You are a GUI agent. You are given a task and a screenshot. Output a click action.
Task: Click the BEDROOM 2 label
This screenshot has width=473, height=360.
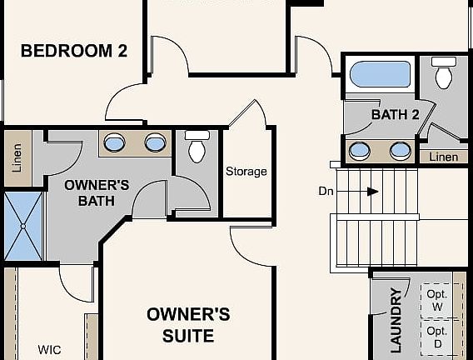73,51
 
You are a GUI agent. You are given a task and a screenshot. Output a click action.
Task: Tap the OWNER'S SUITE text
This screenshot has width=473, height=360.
188,325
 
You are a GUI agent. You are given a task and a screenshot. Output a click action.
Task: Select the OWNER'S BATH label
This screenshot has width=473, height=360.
97,192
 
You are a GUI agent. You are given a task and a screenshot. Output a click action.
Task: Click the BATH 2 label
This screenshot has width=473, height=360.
395,115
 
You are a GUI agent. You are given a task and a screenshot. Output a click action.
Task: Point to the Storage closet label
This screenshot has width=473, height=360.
246,172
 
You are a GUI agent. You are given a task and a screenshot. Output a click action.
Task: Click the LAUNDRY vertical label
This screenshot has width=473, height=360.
396,320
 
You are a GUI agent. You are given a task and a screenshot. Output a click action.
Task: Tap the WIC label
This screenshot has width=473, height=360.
49,349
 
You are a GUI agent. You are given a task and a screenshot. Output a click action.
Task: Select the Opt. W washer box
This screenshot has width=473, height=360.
436,300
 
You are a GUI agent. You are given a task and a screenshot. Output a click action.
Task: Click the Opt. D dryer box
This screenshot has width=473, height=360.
436,337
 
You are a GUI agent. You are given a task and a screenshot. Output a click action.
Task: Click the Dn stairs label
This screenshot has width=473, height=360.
326,191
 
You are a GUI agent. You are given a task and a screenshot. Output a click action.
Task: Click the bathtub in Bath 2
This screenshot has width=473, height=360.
380,74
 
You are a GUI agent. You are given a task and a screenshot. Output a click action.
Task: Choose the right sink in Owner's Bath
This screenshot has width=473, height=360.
155,143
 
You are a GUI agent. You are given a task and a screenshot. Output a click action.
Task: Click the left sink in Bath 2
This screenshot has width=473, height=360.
360,151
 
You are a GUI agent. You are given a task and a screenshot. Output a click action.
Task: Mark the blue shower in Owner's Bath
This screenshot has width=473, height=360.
22,226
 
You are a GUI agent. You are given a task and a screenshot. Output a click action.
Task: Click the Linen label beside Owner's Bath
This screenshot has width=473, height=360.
17,157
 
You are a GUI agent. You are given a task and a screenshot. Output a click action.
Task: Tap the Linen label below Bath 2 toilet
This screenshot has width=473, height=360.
443,157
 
